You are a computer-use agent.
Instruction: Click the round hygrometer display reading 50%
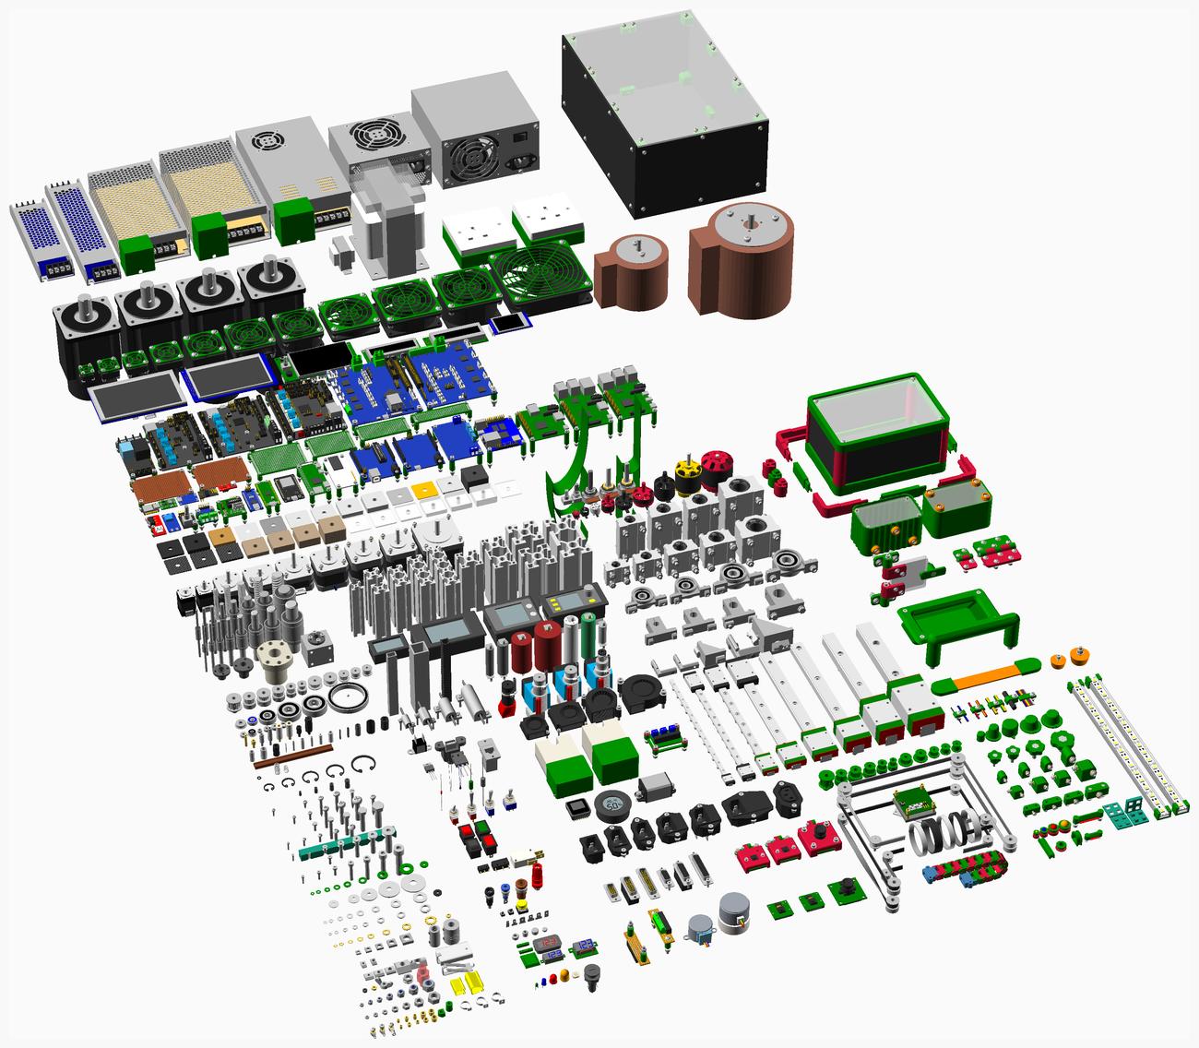click(611, 804)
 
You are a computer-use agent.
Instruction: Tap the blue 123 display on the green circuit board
click(584, 945)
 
